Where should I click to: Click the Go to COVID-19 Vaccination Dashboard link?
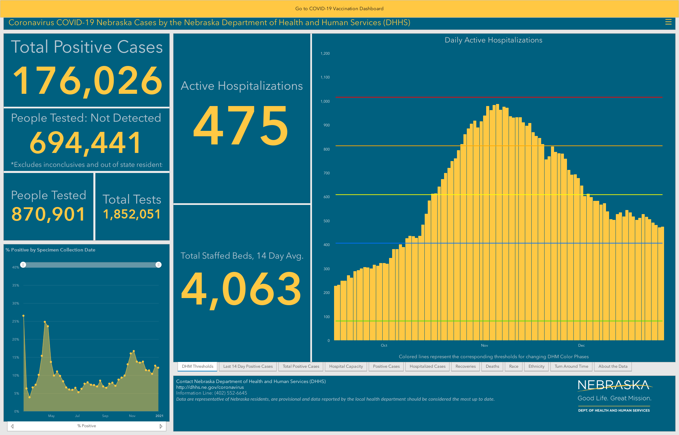(339, 8)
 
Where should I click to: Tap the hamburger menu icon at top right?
(668, 22)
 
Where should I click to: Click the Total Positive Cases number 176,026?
(88, 81)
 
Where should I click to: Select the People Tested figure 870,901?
(48, 214)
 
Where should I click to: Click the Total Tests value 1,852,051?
(132, 214)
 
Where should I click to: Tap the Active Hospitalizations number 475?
(241, 125)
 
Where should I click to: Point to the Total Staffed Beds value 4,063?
(241, 289)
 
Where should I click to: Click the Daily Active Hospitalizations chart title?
(493, 40)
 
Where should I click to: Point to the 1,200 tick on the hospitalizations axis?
(325, 53)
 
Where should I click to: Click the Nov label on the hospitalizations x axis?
(484, 345)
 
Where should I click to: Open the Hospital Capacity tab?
(346, 366)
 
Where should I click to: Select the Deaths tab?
(492, 366)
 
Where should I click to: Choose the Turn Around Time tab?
(571, 366)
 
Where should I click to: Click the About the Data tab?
(613, 366)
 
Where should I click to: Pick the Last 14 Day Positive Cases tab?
(248, 366)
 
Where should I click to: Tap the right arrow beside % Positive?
(161, 426)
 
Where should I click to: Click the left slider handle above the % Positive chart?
(23, 265)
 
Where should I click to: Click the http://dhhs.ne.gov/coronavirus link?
(210, 387)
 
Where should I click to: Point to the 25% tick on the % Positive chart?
(16, 321)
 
